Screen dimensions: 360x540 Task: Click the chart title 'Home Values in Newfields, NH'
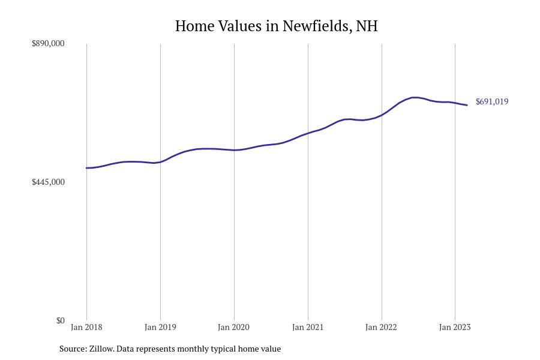point(276,26)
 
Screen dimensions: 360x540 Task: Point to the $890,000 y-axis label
point(48,44)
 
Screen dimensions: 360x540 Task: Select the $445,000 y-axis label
point(48,182)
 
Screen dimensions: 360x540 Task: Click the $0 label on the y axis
point(60,320)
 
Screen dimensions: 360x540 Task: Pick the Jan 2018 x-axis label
point(86,327)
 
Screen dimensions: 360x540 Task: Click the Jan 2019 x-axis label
point(160,327)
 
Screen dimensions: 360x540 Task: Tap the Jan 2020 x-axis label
point(234,327)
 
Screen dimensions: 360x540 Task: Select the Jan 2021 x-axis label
point(308,327)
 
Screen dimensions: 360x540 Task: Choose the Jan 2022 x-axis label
point(382,327)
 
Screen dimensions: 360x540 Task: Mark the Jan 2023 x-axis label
point(455,327)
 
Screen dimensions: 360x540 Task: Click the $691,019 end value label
point(492,101)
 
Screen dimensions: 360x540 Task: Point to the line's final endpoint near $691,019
point(467,105)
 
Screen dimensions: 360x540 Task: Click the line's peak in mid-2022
point(414,97)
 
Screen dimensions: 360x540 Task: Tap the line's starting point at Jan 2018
point(86,168)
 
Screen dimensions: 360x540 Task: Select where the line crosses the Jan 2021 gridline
point(308,133)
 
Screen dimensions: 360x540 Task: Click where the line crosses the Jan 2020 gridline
point(234,150)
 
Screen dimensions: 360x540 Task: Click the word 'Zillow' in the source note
point(101,349)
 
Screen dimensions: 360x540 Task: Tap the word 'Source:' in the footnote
point(73,349)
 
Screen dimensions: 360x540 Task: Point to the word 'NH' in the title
point(367,26)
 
